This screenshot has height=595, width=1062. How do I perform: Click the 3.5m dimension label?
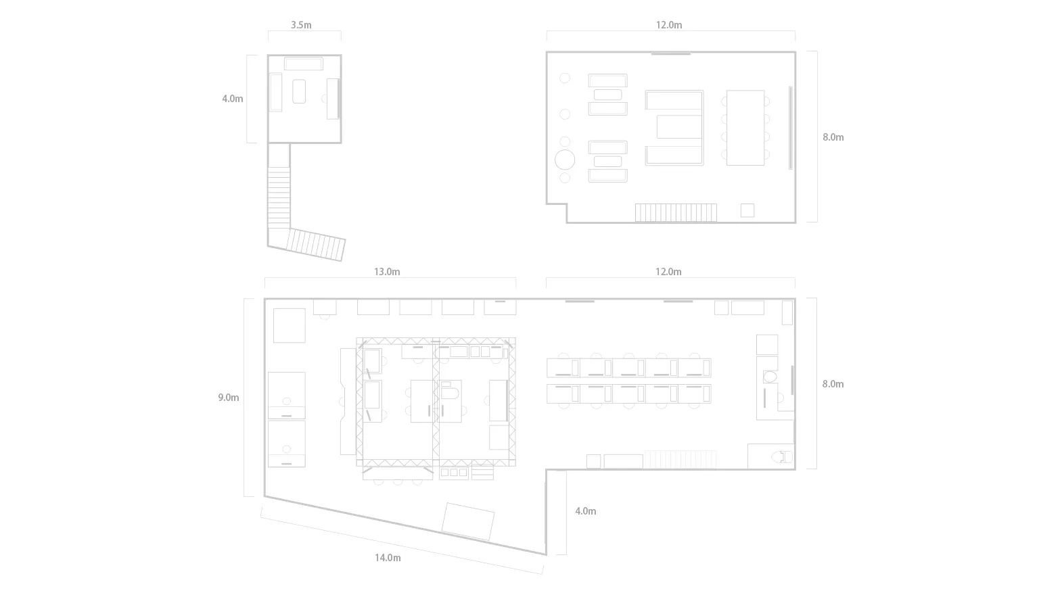tap(301, 25)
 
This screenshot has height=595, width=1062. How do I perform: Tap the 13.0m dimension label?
tap(387, 272)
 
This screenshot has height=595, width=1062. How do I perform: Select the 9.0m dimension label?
tap(229, 398)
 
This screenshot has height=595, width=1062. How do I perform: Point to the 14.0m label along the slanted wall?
tap(388, 558)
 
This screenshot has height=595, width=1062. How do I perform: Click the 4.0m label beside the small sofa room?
tap(232, 99)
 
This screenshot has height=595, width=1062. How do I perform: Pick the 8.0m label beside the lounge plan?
tap(833, 137)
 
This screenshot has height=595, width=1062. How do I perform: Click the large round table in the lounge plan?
tap(565, 160)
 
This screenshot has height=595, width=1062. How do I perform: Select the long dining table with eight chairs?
tap(745, 128)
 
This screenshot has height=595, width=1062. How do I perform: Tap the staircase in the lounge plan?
tap(676, 213)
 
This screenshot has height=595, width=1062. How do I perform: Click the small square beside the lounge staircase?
tap(747, 210)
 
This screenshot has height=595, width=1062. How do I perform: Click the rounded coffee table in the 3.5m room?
tap(299, 91)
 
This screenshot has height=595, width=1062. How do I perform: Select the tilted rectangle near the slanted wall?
tap(468, 521)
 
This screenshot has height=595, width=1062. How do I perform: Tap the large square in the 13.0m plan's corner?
tap(290, 325)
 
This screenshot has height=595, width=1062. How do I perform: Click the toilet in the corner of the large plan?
tap(781, 456)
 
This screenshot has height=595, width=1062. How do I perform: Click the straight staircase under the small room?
tap(279, 197)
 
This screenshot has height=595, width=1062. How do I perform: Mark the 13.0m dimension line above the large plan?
tap(390, 278)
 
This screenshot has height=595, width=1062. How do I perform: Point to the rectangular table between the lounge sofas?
tap(679, 127)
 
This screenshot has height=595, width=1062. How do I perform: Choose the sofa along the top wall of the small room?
tap(304, 64)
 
